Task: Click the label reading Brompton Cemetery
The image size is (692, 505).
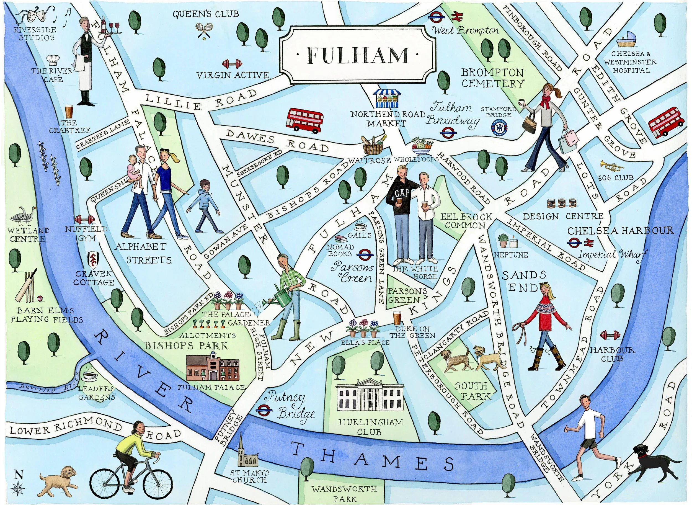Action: coord(493,78)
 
